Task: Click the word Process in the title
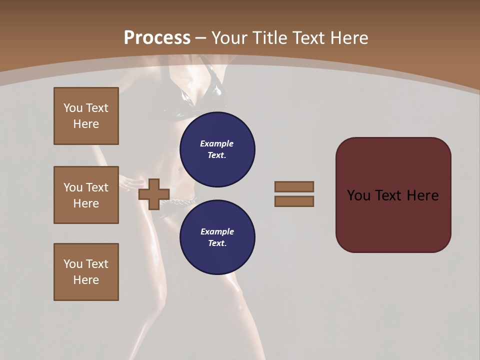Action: click(x=157, y=38)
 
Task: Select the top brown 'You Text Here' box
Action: click(x=86, y=116)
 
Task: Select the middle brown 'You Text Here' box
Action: click(x=86, y=195)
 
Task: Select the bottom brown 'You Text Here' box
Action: click(x=86, y=272)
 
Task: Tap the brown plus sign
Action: click(x=154, y=194)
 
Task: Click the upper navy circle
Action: click(x=217, y=149)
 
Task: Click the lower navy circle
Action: click(x=217, y=237)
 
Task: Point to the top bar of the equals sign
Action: click(x=294, y=186)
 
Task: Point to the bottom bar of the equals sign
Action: click(x=294, y=201)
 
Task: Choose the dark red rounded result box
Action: click(x=393, y=195)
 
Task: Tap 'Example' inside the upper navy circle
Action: click(x=216, y=143)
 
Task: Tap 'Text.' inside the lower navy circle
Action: click(x=217, y=243)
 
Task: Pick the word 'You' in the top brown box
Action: click(x=72, y=108)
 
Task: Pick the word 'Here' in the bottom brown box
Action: click(x=86, y=280)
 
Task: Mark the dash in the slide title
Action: click(x=201, y=38)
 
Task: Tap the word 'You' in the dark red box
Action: click(x=358, y=195)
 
